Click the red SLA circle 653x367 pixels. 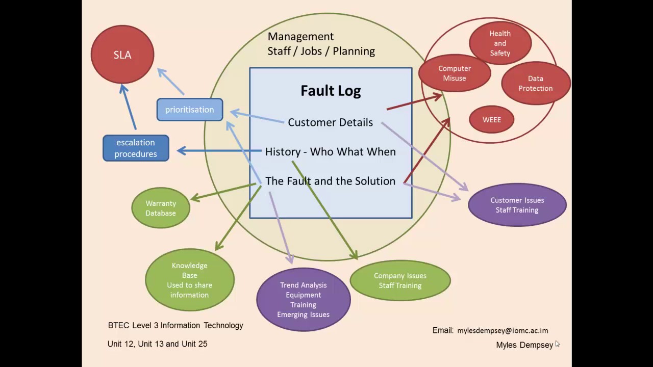122,55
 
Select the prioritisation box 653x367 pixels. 190,110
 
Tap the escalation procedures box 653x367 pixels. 136,148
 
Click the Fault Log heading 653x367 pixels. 331,91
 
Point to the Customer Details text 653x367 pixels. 330,122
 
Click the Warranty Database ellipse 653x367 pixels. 161,208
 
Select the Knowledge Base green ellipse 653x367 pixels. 190,280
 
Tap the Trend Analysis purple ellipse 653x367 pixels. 304,300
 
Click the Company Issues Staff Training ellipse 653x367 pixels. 400,280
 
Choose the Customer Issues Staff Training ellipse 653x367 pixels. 517,205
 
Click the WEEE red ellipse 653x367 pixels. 492,120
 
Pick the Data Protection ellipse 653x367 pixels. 536,83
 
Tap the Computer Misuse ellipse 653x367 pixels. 455,73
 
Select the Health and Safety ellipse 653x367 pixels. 500,43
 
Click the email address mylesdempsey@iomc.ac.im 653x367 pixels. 503,331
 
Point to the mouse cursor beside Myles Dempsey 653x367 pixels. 558,344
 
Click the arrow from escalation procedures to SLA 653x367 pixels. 128,107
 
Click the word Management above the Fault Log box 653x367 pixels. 300,36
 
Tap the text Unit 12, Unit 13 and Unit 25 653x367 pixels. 158,344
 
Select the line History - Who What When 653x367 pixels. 331,152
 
